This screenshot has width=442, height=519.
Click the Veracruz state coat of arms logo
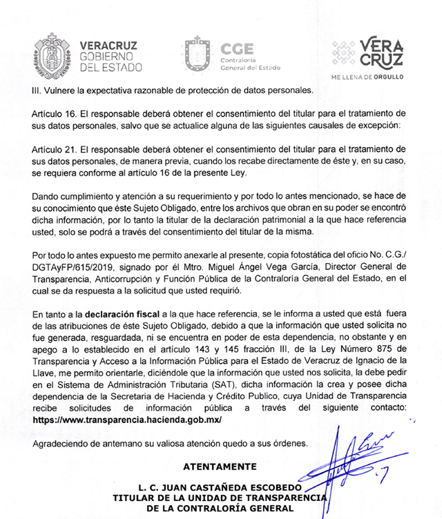52,53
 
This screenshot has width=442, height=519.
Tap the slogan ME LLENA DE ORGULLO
367,77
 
